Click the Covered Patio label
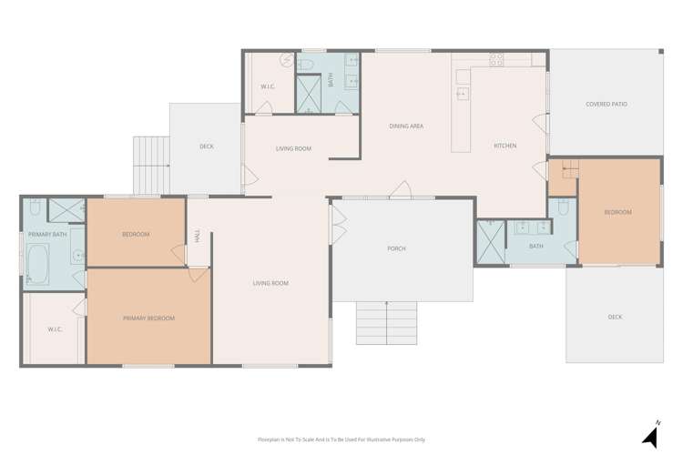(x=607, y=104)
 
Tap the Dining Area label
(x=406, y=126)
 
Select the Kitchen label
(x=505, y=146)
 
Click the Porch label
(x=396, y=248)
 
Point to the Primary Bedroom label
(x=148, y=318)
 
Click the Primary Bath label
(x=47, y=234)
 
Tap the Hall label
(x=198, y=236)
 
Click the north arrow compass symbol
(x=651, y=435)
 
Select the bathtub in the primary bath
(x=37, y=264)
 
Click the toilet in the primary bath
(x=36, y=207)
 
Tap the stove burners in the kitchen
(x=496, y=59)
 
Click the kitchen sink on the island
(x=463, y=94)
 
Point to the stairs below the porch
(x=386, y=323)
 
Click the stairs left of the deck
(x=151, y=166)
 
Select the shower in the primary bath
(x=66, y=210)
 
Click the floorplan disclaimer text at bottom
(x=341, y=440)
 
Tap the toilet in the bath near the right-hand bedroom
(x=563, y=207)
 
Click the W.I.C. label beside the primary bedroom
(x=55, y=329)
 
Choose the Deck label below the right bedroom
(x=615, y=317)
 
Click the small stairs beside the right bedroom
(x=570, y=169)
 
